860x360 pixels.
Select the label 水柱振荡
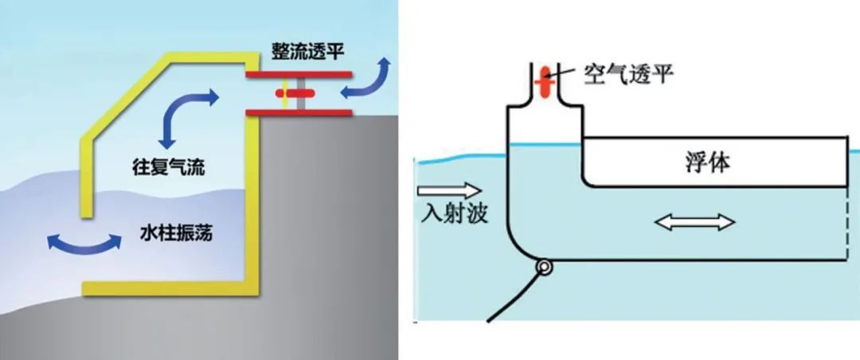point(174,236)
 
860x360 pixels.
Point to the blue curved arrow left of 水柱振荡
point(77,243)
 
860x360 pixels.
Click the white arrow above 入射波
point(449,190)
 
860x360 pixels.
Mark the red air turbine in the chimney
point(545,81)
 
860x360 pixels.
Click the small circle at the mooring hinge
point(545,268)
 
